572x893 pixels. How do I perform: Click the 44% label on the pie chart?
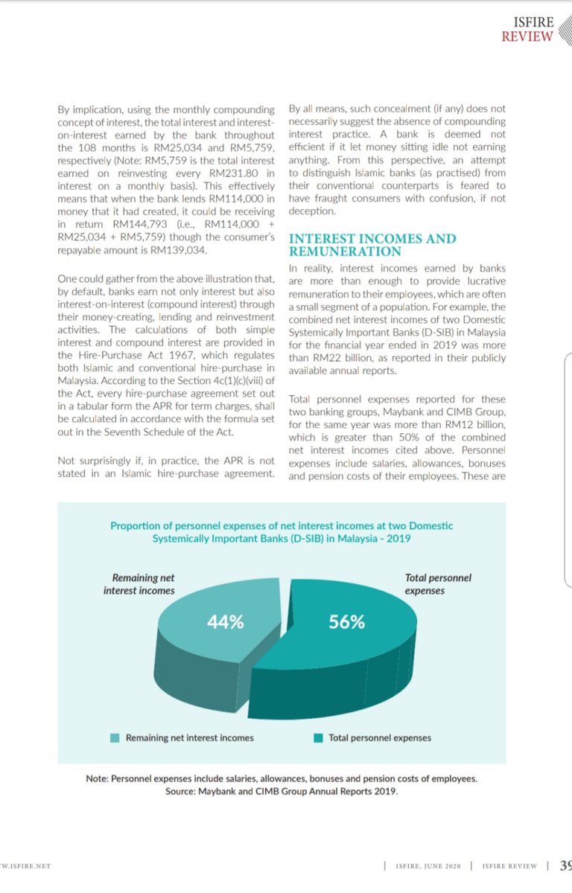pyautogui.click(x=225, y=622)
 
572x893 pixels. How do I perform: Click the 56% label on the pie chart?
pyautogui.click(x=346, y=622)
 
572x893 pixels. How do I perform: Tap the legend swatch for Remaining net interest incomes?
pyautogui.click(x=115, y=738)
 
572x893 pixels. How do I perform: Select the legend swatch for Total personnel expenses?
pyautogui.click(x=318, y=738)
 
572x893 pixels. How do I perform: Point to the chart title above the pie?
pyautogui.click(x=282, y=531)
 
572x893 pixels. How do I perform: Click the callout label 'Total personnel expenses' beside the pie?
pyautogui.click(x=437, y=584)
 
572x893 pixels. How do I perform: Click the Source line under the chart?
pyautogui.click(x=282, y=792)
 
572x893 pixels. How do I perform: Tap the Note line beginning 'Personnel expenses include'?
pyautogui.click(x=282, y=779)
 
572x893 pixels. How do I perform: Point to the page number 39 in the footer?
pyautogui.click(x=565, y=865)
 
